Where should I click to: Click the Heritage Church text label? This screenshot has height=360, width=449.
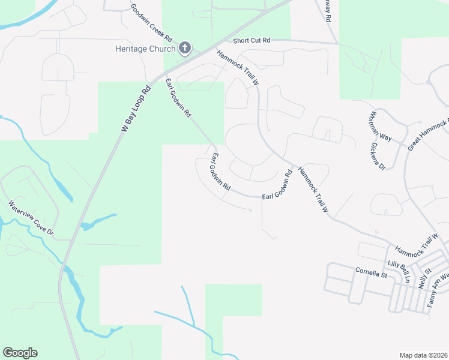point(146,49)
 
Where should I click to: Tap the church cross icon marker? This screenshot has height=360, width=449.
point(185,48)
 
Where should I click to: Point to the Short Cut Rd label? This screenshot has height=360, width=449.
point(252,40)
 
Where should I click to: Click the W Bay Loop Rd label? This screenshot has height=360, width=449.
point(136,108)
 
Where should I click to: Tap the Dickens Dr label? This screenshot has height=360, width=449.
point(378,155)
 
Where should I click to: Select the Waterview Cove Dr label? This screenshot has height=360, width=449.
point(31,217)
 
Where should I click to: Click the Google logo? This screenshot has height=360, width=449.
point(20,353)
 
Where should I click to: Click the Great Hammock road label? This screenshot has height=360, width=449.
point(428,134)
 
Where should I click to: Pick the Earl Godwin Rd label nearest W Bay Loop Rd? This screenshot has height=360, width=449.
point(178,97)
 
